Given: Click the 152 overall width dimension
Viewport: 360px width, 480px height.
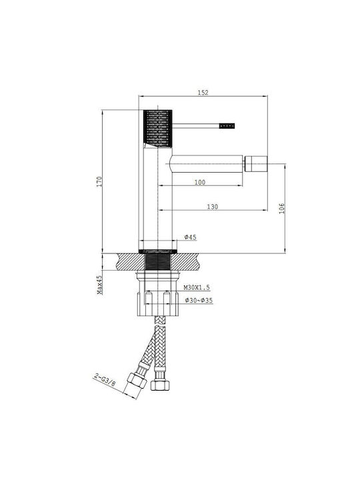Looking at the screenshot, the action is click(203, 93).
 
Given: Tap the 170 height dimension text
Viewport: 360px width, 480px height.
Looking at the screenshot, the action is click(99, 181).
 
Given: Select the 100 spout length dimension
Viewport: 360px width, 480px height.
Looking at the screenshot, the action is click(200, 182).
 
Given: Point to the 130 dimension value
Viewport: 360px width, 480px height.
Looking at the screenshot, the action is click(213, 207).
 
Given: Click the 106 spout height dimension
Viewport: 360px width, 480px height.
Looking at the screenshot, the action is click(282, 209).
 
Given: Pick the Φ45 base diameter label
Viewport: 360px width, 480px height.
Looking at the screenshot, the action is click(191, 237).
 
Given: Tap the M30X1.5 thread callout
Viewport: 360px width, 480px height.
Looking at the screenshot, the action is click(197, 287).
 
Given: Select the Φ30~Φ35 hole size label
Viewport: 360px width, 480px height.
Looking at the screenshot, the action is click(199, 300).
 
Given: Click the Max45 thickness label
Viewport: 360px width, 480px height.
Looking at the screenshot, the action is click(99, 285).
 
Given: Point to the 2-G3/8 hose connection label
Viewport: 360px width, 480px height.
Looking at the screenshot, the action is click(105, 380).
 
